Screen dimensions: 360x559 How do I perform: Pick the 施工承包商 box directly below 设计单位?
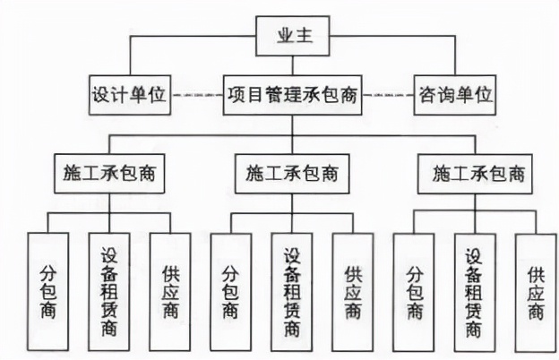coord(110,173)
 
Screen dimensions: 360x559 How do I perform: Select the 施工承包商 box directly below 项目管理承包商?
coord(291,173)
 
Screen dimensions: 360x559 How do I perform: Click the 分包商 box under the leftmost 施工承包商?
coord(48,291)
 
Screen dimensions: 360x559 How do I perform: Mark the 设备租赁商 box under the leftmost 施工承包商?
coord(109,291)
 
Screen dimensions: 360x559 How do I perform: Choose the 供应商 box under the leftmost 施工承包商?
coord(170,291)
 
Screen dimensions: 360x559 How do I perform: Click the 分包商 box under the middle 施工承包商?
coord(230,291)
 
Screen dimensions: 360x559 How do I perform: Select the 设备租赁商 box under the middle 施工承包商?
coord(291,291)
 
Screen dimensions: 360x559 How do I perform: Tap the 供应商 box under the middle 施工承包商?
coord(352,291)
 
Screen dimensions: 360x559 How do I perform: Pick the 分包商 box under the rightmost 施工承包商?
coord(414,292)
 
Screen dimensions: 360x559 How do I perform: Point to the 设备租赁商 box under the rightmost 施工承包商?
coord(475,292)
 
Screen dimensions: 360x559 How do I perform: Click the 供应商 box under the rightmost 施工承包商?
coord(536,292)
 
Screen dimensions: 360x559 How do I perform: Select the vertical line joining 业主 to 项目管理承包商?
coord(291,66)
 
